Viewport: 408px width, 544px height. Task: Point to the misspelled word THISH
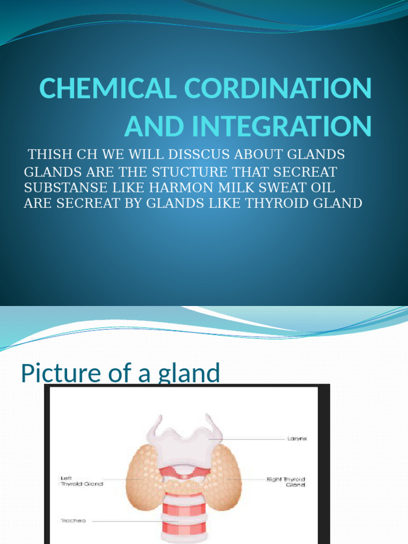[x=48, y=155]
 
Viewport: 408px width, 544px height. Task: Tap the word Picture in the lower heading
[x=55, y=373]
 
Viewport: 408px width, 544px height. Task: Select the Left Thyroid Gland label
[x=81, y=481]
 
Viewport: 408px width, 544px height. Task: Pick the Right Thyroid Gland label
[x=287, y=481]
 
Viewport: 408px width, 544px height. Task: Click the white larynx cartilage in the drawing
[x=184, y=441]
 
